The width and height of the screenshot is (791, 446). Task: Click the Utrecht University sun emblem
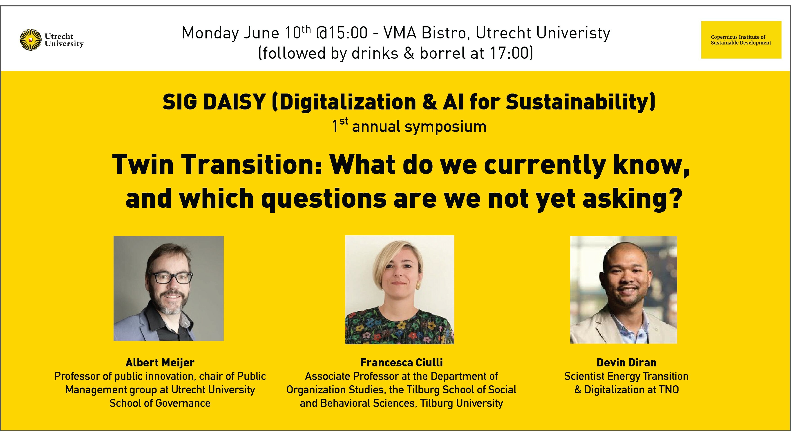tap(31, 40)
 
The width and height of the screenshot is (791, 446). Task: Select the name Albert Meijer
tap(160, 363)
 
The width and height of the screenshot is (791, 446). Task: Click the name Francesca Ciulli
tap(401, 363)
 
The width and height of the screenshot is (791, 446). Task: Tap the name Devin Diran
tap(626, 363)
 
